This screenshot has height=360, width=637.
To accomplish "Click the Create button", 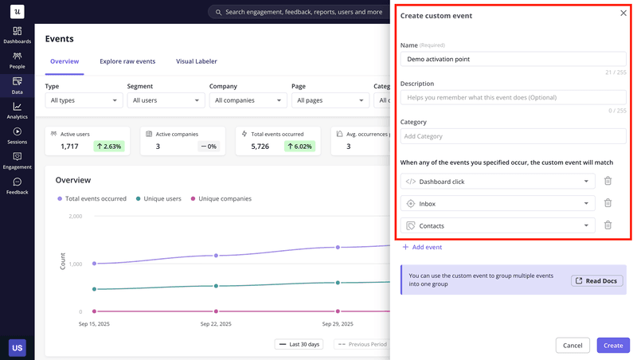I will point(612,346).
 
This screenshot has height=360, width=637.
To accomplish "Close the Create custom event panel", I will point(623,14).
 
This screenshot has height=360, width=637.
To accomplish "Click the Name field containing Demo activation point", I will point(513,59).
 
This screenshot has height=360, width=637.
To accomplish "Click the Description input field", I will point(513,97).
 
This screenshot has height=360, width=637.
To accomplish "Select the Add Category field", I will point(513,136).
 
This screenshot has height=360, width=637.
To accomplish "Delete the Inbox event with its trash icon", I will point(608,203).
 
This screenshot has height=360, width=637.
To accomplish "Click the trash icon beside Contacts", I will point(608,225).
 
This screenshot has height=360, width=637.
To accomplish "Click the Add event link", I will point(422,248).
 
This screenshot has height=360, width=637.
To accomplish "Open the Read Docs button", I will point(597,280).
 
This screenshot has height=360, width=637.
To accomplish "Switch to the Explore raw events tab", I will point(127,61).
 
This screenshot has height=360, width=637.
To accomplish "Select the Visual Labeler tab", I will point(196,61).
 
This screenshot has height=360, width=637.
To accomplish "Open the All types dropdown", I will point(84,100).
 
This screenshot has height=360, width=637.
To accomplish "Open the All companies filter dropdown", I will point(248,100).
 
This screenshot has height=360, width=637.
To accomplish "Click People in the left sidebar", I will point(17,61).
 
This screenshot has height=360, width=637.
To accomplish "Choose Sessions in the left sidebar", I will point(17,135).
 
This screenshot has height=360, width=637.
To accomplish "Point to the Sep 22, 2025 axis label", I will point(216,324).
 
